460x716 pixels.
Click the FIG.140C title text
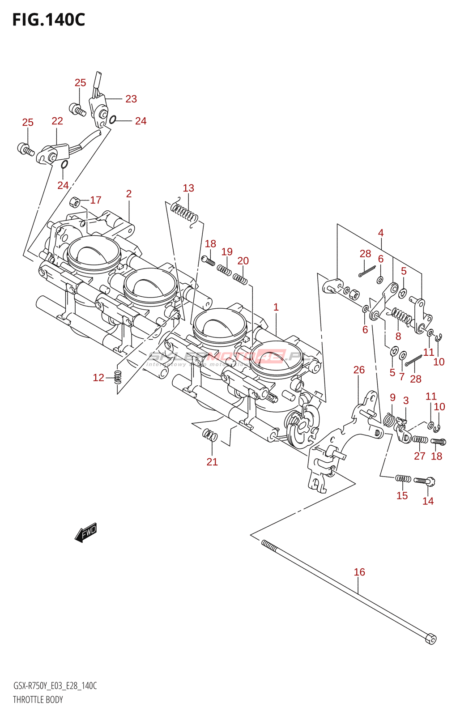coord(48,20)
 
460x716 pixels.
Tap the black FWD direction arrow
coord(86,533)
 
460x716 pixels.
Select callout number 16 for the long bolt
coord(359,572)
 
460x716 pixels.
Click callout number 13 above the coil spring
coord(188,188)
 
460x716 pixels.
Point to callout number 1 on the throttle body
coord(276,307)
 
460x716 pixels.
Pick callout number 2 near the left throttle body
coord(129,194)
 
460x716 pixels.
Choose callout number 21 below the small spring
coord(212,462)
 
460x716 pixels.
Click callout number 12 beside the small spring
coord(98,378)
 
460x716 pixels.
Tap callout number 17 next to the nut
coord(96,200)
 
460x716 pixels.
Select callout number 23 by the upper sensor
coord(131,99)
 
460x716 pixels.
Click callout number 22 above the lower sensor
coord(57,121)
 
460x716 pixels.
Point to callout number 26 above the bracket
coord(359,370)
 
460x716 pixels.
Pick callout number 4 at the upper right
coord(381,233)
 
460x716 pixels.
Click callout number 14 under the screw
coord(428,501)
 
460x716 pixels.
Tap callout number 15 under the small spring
coord(402,495)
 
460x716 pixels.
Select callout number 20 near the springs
coord(243,261)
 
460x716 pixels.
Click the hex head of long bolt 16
coord(430,639)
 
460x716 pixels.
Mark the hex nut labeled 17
coord(76,202)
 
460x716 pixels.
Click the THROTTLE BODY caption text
coord(38,700)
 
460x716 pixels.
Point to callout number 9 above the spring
coord(392,397)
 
